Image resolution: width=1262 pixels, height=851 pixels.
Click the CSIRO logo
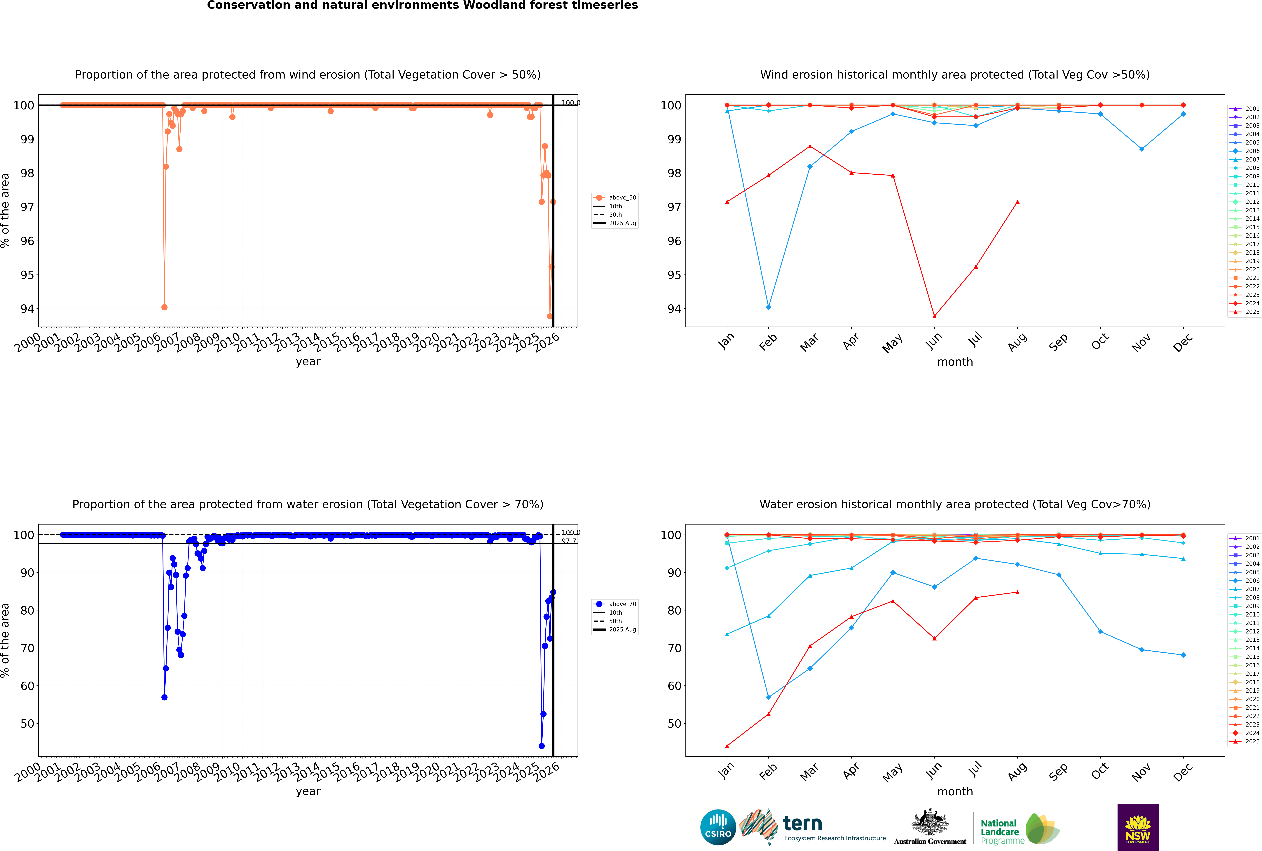click(x=718, y=827)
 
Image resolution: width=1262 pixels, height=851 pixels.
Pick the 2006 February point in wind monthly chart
click(x=768, y=307)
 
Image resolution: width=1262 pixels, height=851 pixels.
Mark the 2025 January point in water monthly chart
click(x=727, y=746)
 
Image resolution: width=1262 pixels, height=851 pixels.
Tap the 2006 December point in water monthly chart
click(x=1183, y=655)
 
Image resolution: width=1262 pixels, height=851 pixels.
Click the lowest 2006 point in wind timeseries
click(x=164, y=307)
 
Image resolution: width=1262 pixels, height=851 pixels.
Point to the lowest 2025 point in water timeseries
click(x=542, y=746)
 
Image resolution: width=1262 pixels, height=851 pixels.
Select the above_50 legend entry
click(x=622, y=198)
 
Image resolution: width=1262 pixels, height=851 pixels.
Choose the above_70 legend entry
click(x=622, y=604)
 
